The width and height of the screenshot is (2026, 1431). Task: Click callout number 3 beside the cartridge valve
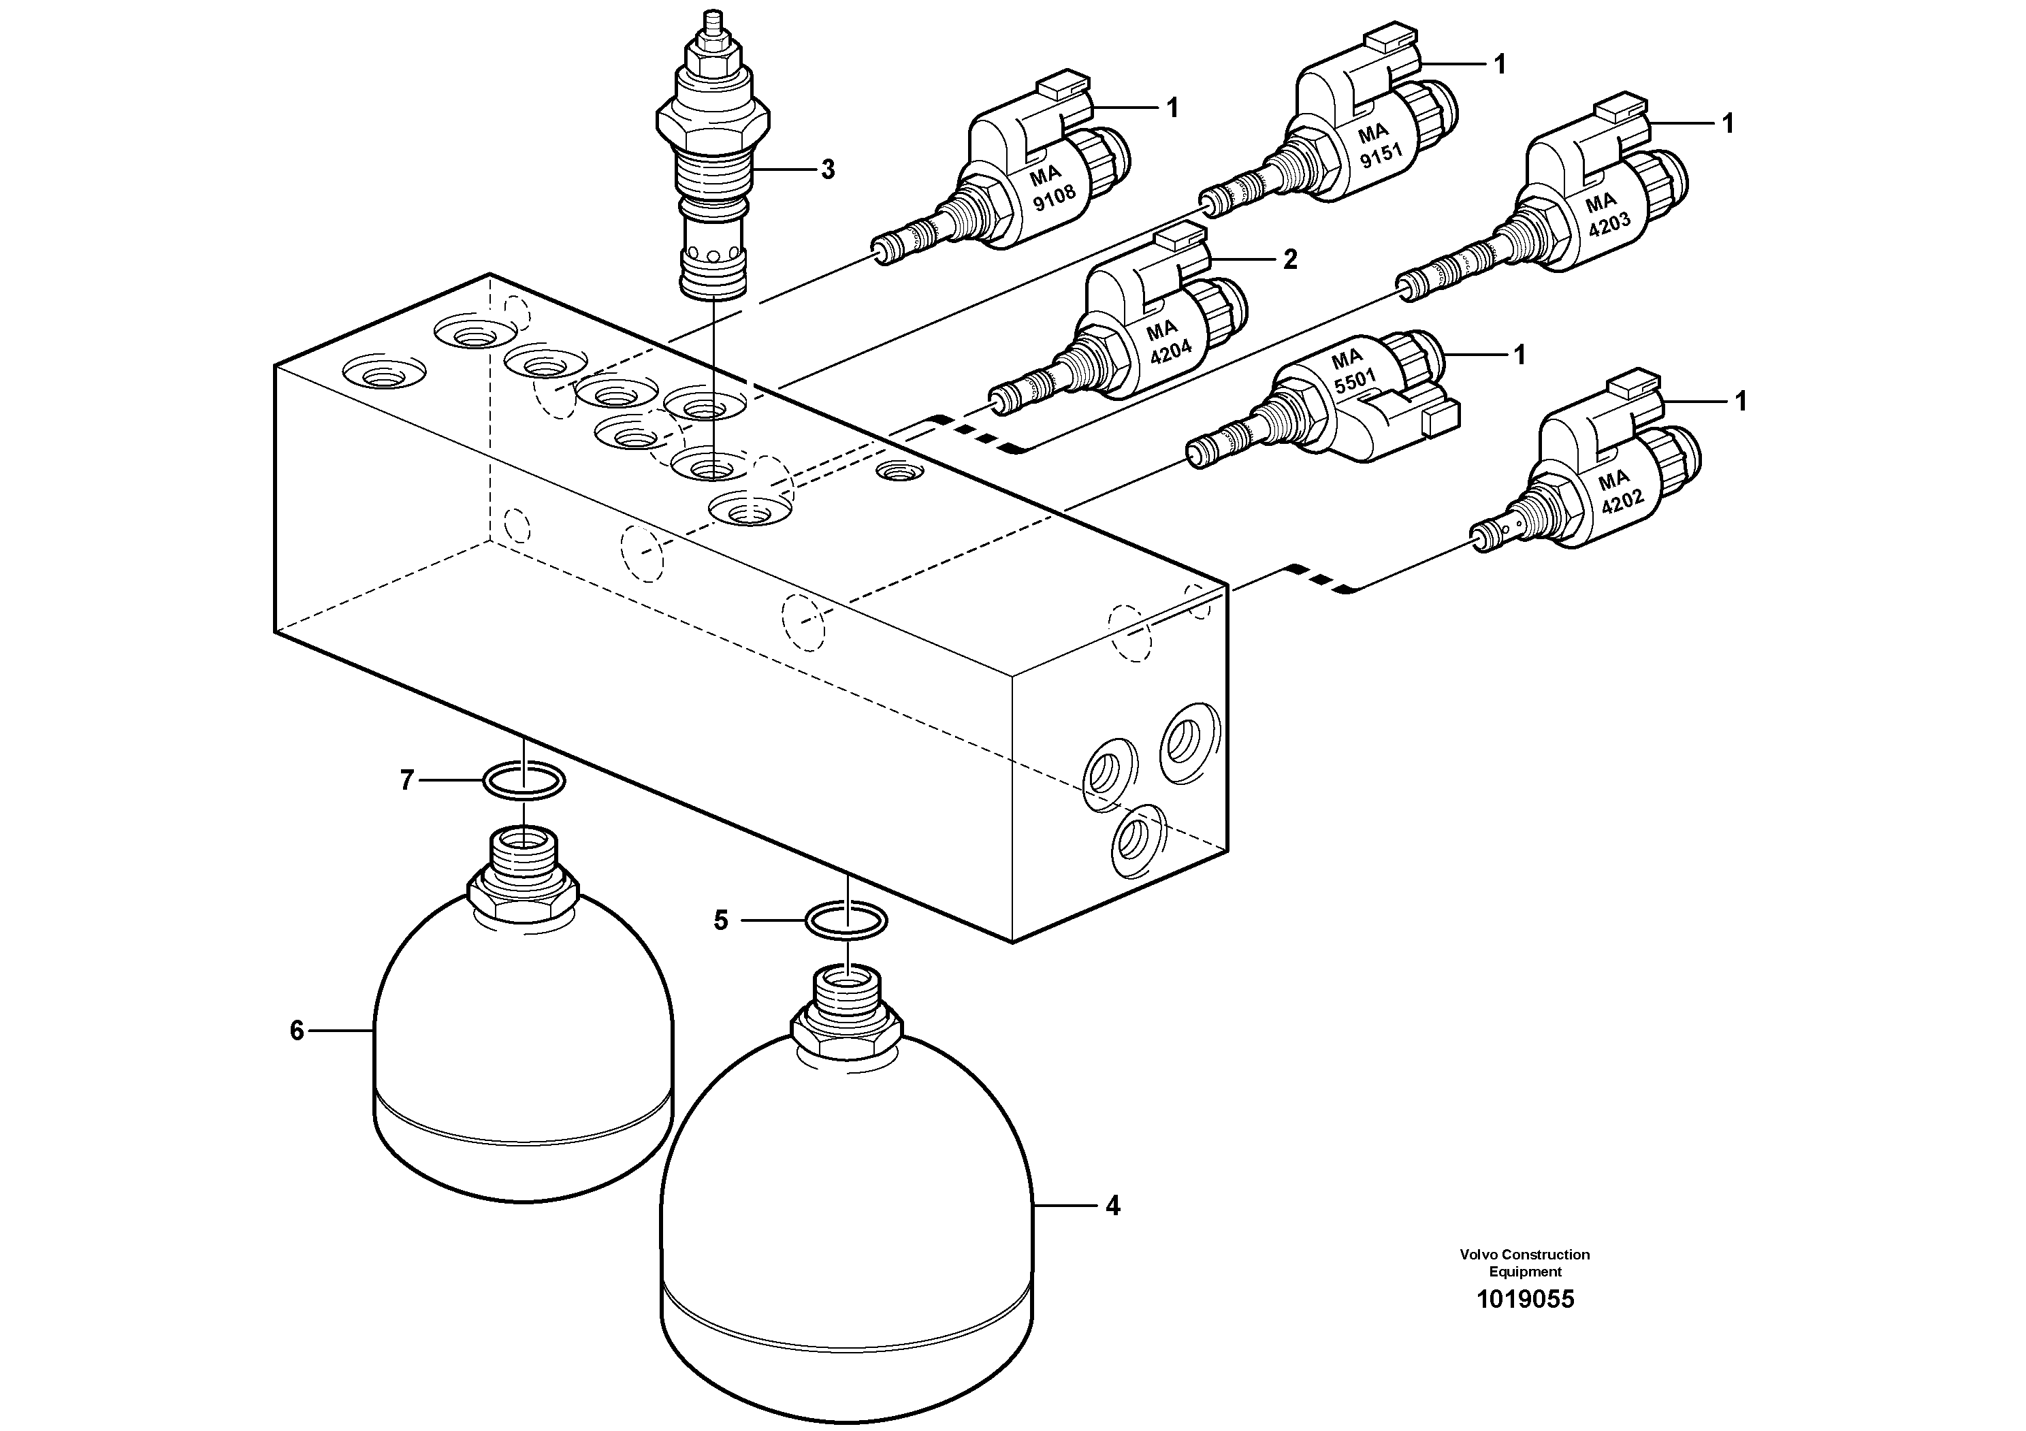[x=827, y=170]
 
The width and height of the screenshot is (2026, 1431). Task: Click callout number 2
[x=1289, y=259]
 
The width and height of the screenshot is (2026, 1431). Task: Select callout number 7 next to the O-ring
[x=407, y=780]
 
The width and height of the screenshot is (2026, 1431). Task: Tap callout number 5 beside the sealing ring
[x=721, y=921]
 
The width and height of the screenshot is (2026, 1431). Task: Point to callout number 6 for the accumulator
[x=298, y=1031]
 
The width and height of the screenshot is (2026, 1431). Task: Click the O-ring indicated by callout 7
[x=524, y=781]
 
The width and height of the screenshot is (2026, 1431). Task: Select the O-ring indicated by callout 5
[x=846, y=921]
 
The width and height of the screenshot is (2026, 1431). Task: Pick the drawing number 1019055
[x=1525, y=1300]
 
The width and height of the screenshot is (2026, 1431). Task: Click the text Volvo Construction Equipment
[x=1525, y=1262]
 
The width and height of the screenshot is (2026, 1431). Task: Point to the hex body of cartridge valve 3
[x=713, y=118]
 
